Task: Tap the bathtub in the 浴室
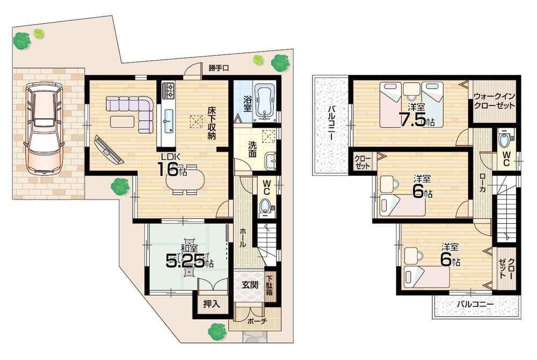pos(265,102)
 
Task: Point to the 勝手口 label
pos(219,68)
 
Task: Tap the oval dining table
pos(186,180)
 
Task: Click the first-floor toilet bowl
pos(265,206)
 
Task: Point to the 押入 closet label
pos(211,304)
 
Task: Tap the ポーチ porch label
pos(256,321)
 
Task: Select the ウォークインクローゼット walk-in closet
pos(495,101)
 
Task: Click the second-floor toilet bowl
pos(504,140)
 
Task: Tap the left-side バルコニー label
pos(331,123)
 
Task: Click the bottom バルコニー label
pos(475,304)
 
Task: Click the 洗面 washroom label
pos(253,149)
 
